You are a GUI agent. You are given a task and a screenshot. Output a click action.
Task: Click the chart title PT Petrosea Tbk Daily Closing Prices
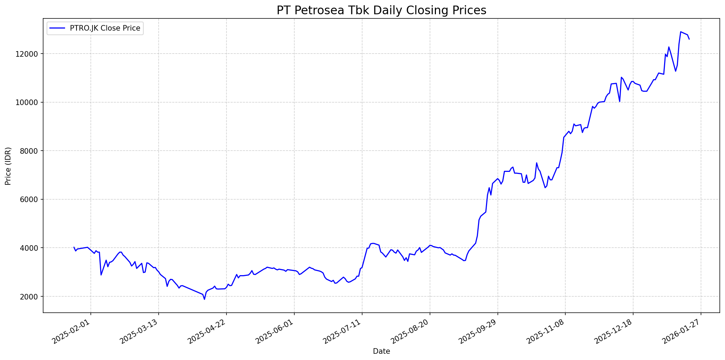click(381, 10)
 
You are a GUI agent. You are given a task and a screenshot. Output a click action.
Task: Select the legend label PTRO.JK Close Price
click(105, 28)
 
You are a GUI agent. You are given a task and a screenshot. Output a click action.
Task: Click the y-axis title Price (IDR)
click(8, 166)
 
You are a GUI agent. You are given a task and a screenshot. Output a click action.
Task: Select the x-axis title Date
click(381, 351)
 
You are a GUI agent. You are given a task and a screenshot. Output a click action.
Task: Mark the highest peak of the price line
click(680, 32)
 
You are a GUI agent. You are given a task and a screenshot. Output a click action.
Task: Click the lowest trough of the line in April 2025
click(205, 299)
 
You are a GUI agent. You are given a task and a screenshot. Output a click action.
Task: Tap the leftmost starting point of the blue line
click(74, 247)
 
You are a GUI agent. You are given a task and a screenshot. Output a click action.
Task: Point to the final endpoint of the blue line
click(689, 39)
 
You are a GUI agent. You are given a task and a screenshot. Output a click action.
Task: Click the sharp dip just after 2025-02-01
click(101, 275)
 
